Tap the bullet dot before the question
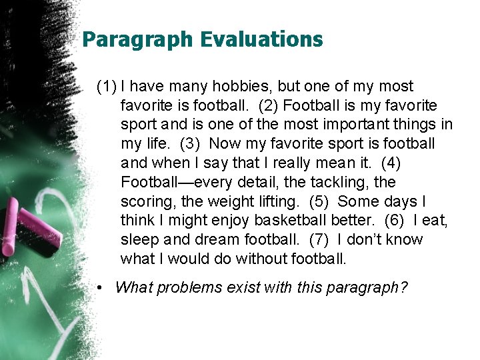coord(99,288)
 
